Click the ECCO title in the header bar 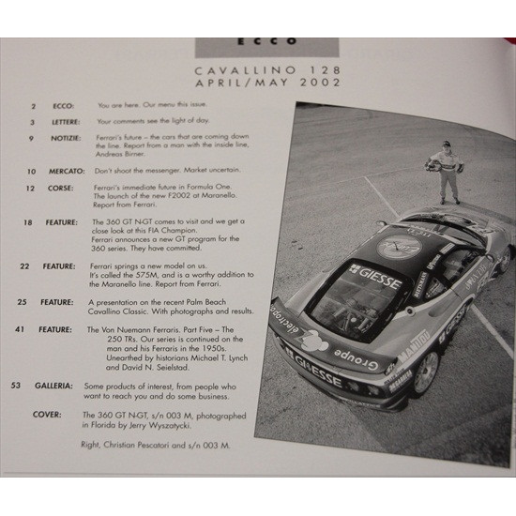coord(259,41)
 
